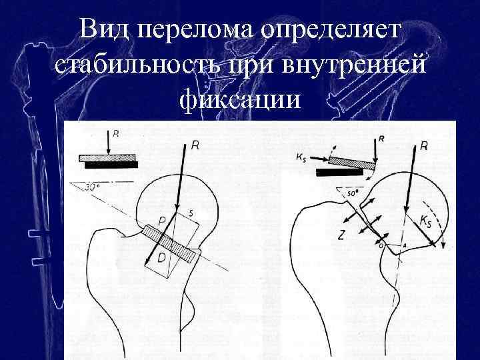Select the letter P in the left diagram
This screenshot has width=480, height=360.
pos(162,221)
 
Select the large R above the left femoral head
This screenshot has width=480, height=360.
pos(194,143)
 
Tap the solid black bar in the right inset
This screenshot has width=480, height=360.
pos(340,172)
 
